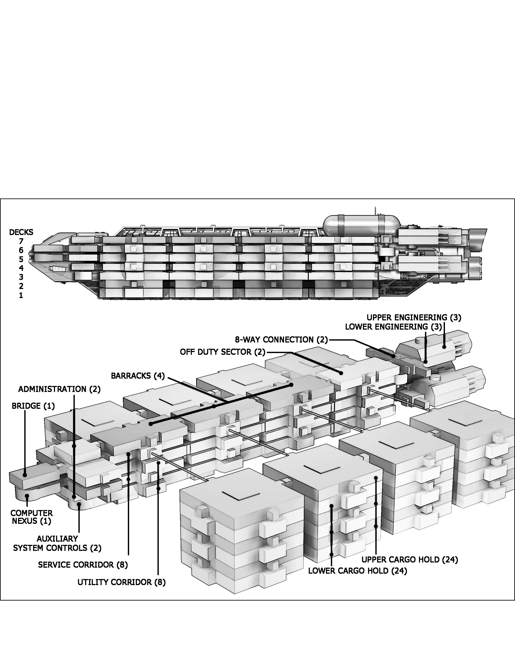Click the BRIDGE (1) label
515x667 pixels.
(x=33, y=406)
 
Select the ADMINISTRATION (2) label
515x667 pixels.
(x=59, y=389)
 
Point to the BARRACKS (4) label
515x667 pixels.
(x=138, y=376)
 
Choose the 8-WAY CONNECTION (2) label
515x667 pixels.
(x=281, y=340)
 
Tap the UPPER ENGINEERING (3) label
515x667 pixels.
(x=414, y=317)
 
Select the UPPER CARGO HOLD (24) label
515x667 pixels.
(x=410, y=559)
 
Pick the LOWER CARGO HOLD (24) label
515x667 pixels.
(x=358, y=571)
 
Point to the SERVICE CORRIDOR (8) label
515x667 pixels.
(x=83, y=565)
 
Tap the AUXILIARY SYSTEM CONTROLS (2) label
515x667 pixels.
(x=57, y=543)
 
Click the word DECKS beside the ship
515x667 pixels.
(x=21, y=232)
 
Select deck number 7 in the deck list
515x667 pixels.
(x=21, y=241)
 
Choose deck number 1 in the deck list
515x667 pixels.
(x=21, y=295)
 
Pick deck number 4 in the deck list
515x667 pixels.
(x=21, y=268)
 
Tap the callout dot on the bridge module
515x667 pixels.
(x=25, y=475)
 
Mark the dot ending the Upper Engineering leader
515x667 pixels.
(x=445, y=347)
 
